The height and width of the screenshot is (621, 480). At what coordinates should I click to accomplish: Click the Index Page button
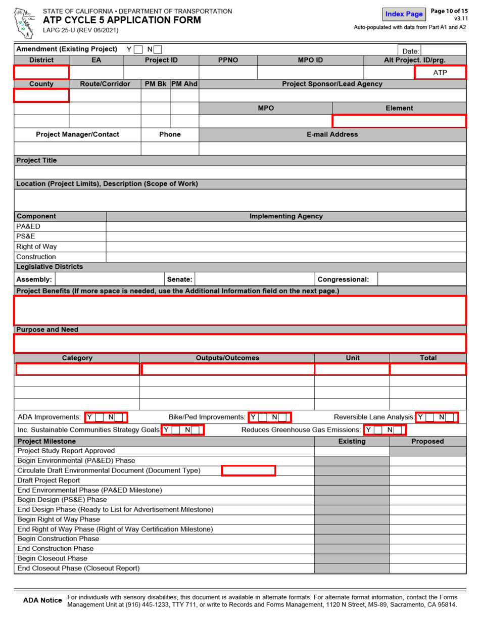point(404,14)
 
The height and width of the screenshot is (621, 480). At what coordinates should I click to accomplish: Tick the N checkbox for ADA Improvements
point(119,417)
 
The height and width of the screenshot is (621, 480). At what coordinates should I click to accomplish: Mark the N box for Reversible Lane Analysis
point(450,417)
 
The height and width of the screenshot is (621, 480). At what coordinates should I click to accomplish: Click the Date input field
point(443,51)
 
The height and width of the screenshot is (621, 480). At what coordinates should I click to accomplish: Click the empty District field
point(41,72)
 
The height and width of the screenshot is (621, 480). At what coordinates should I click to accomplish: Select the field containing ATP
point(440,73)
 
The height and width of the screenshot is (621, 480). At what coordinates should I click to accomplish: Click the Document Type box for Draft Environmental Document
point(249,471)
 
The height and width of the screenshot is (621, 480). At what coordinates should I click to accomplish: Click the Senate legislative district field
point(254,279)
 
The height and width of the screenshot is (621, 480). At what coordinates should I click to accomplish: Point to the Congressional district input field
point(421,279)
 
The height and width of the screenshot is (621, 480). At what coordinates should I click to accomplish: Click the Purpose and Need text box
point(240,344)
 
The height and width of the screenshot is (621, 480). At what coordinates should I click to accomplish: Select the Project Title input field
point(240,172)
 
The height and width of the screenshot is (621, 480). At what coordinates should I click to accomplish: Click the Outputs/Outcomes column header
point(227,358)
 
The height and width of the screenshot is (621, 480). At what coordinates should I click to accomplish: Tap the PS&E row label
point(25,236)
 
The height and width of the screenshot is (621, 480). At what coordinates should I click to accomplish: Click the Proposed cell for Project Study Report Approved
point(427,451)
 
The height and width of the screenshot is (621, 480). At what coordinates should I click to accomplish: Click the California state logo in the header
point(24,23)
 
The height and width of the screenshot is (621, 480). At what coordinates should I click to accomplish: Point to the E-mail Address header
point(332,134)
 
